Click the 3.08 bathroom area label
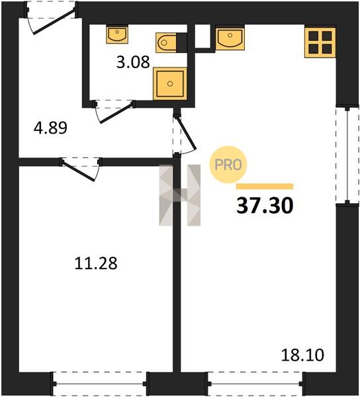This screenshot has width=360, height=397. (x=133, y=62)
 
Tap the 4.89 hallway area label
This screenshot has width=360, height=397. (x=51, y=128)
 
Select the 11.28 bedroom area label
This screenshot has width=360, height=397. (x=96, y=263)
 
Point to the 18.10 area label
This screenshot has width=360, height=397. (x=303, y=355)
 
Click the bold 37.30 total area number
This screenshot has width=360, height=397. (x=265, y=205)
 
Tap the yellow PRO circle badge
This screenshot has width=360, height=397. (x=228, y=165)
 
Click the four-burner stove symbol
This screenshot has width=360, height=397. (x=320, y=42)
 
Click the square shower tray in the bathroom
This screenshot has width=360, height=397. (x=170, y=83)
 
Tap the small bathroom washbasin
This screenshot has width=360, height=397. (x=117, y=34)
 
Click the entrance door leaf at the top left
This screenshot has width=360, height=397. (x=54, y=21)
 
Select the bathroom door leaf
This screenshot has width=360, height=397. (x=116, y=113)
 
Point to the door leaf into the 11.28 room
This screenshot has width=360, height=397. (x=79, y=171)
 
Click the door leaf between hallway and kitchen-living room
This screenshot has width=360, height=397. (x=187, y=133)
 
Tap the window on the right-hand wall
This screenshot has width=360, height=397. (x=347, y=155)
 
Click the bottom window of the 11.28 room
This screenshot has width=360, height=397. (x=99, y=384)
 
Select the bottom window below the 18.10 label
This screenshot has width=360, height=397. (x=255, y=384)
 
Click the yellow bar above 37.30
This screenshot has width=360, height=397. (x=265, y=187)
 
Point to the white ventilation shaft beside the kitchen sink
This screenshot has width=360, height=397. (x=202, y=36)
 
